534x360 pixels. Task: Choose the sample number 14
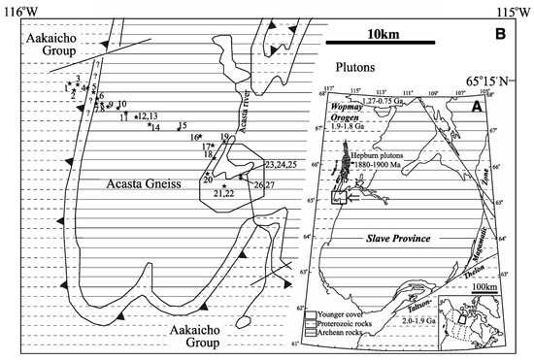point(155,128)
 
